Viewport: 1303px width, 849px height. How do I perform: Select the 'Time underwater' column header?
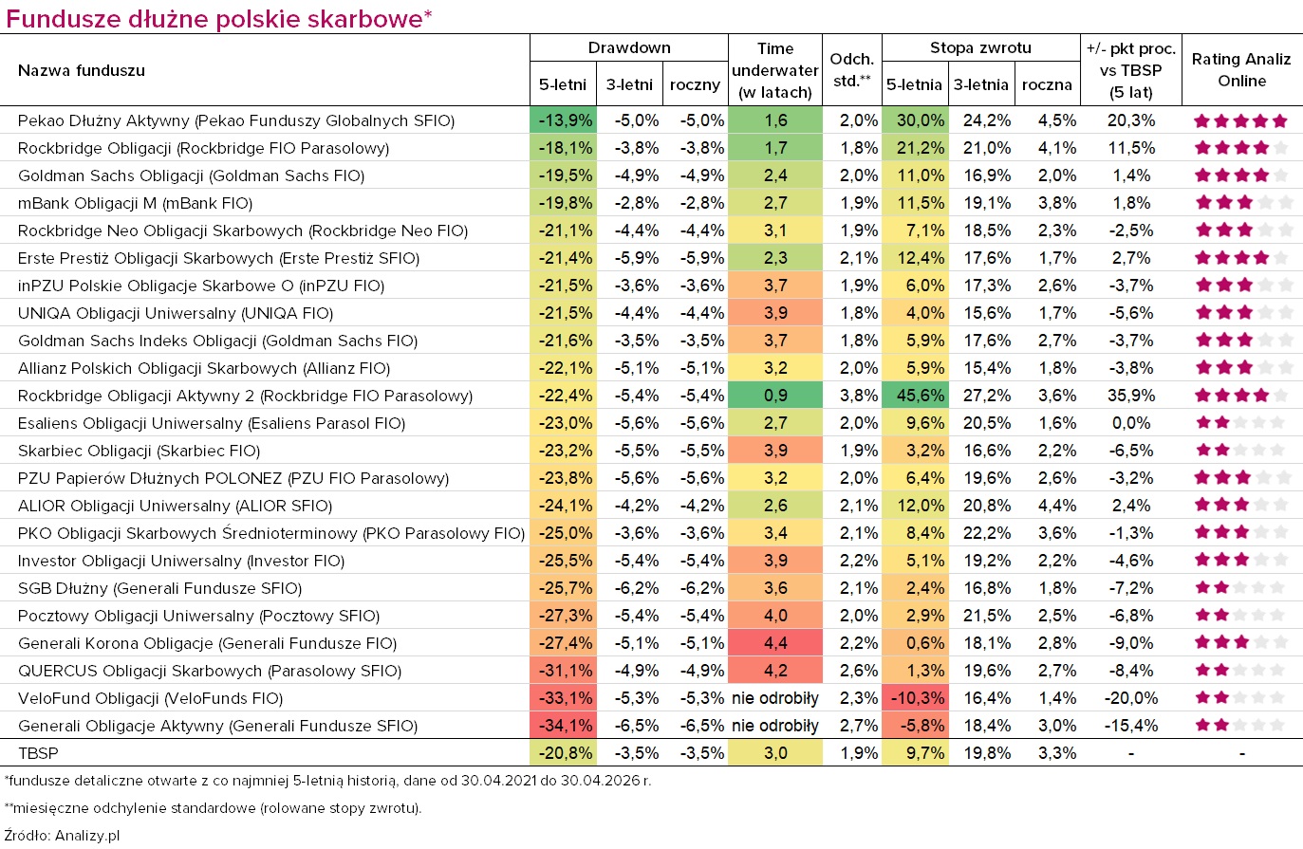click(774, 70)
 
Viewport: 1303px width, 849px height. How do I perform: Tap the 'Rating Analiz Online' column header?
click(1240, 70)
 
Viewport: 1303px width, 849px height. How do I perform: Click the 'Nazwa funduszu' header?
click(82, 70)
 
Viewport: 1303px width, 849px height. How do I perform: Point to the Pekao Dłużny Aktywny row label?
click(236, 120)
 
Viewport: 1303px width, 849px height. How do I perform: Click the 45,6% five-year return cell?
click(915, 396)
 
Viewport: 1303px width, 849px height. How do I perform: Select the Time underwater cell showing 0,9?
click(774, 396)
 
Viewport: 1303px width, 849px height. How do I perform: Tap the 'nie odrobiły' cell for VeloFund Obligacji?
click(774, 698)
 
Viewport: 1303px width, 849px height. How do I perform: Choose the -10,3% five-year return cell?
click(915, 698)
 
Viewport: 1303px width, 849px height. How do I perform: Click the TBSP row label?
click(38, 753)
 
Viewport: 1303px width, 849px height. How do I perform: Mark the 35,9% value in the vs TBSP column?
click(1131, 396)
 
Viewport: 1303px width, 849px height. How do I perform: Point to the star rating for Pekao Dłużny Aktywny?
click(1240, 121)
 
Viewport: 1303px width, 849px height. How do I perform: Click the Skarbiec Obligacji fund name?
click(139, 451)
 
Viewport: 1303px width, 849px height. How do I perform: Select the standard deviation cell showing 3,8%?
click(858, 396)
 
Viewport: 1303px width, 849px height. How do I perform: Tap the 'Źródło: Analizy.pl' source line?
click(62, 836)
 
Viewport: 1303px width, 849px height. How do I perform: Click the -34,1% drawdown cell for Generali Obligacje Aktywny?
click(563, 725)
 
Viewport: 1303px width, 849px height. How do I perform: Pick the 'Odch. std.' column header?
click(851, 70)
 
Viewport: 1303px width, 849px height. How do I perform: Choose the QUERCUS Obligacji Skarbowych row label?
click(210, 671)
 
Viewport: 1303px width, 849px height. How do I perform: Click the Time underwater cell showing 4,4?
click(774, 642)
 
